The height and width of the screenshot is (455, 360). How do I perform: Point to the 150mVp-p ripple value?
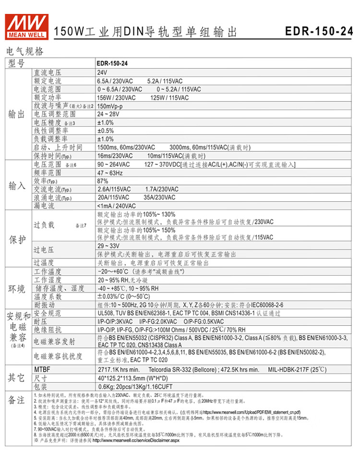click(110, 105)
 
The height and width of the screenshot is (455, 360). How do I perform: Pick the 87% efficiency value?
click(103, 181)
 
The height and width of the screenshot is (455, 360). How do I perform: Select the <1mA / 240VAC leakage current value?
click(117, 206)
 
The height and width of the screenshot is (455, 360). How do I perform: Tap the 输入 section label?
click(17, 185)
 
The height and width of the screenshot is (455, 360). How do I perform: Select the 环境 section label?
click(17, 288)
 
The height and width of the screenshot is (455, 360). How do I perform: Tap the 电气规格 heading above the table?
click(24, 51)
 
